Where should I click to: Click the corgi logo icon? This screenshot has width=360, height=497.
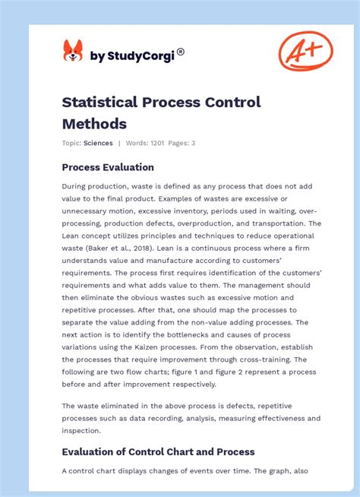pos(72,51)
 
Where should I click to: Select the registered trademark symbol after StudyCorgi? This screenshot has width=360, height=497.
pos(180,52)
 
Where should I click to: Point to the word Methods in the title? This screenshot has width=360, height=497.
pos(94,123)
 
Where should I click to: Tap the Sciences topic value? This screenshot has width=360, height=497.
pos(98,143)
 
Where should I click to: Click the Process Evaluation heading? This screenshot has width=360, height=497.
pos(108,167)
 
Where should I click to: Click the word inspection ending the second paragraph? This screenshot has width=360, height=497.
pos(80,430)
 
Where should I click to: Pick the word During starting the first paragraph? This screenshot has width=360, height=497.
pos(76,186)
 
